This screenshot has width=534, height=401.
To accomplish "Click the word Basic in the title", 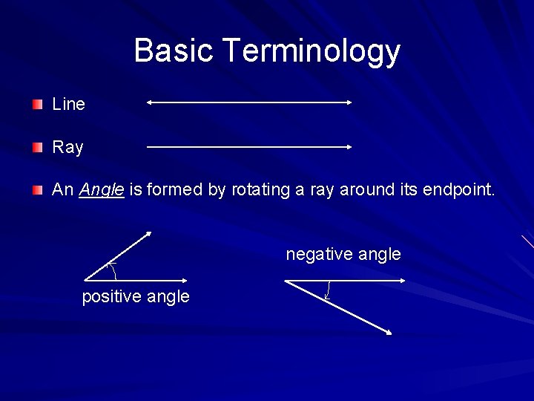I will [x=174, y=51].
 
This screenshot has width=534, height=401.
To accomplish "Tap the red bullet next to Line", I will [x=38, y=105].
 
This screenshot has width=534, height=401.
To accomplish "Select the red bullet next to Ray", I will [x=38, y=148].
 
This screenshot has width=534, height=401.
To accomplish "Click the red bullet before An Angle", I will [x=38, y=191].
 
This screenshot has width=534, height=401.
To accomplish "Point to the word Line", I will [x=68, y=105].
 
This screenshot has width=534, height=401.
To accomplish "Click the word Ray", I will [x=67, y=148].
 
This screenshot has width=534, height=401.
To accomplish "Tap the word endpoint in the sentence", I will [x=457, y=190].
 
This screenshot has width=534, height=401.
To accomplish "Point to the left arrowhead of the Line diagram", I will [x=149, y=103].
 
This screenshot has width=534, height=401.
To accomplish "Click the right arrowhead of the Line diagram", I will [x=349, y=103].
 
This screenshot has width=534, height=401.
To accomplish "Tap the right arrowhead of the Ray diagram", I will [x=349, y=147].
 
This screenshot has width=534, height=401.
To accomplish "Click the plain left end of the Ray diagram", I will [x=148, y=147].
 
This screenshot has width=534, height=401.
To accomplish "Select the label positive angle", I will [x=136, y=297].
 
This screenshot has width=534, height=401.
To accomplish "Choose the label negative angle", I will [x=343, y=255].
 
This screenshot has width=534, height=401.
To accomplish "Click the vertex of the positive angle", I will [x=85, y=280].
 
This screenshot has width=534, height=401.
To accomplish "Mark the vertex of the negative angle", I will [x=286, y=281].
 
